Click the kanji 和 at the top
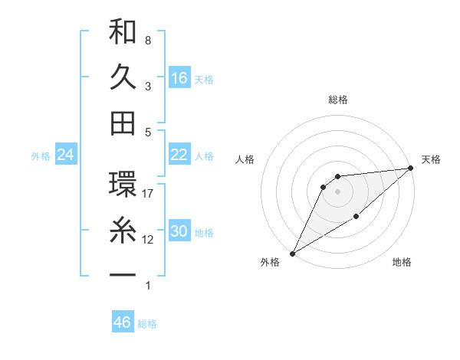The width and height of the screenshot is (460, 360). click(x=123, y=33)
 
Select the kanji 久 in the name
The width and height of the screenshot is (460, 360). click(x=123, y=77)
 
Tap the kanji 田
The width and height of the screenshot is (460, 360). click(x=123, y=123)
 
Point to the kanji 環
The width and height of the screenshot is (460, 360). click(x=123, y=184)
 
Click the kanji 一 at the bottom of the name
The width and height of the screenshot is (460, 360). click(x=123, y=273)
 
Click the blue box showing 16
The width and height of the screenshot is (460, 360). click(x=179, y=78)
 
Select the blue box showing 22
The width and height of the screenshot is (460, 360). click(x=179, y=155)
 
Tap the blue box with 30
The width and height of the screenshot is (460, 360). click(x=179, y=231)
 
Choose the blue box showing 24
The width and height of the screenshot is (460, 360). click(x=66, y=155)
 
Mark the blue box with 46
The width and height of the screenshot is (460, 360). click(x=123, y=322)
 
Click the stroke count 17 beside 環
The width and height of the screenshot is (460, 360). click(x=148, y=194)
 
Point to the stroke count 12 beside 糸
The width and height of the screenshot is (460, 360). click(x=148, y=240)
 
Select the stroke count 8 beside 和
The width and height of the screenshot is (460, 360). click(x=148, y=41)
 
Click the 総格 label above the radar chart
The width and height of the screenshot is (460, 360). click(x=337, y=100)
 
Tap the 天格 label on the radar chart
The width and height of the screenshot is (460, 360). click(x=431, y=159)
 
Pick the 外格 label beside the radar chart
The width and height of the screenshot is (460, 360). click(x=270, y=263)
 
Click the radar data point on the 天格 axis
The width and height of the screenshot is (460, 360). click(x=412, y=169)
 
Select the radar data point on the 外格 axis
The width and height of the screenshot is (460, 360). click(x=292, y=253)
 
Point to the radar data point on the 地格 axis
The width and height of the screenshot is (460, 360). click(x=357, y=218)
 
